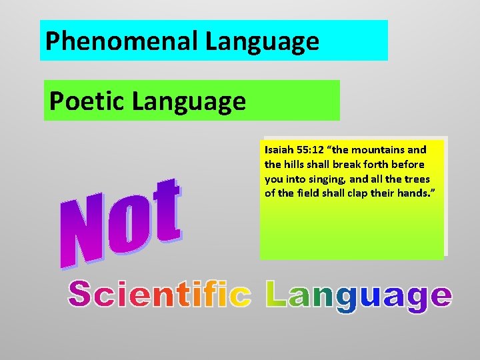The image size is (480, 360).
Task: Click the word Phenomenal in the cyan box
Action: click(122, 42)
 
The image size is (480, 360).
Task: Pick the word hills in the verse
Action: click(295, 165)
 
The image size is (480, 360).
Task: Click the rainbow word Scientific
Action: click(160, 295)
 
